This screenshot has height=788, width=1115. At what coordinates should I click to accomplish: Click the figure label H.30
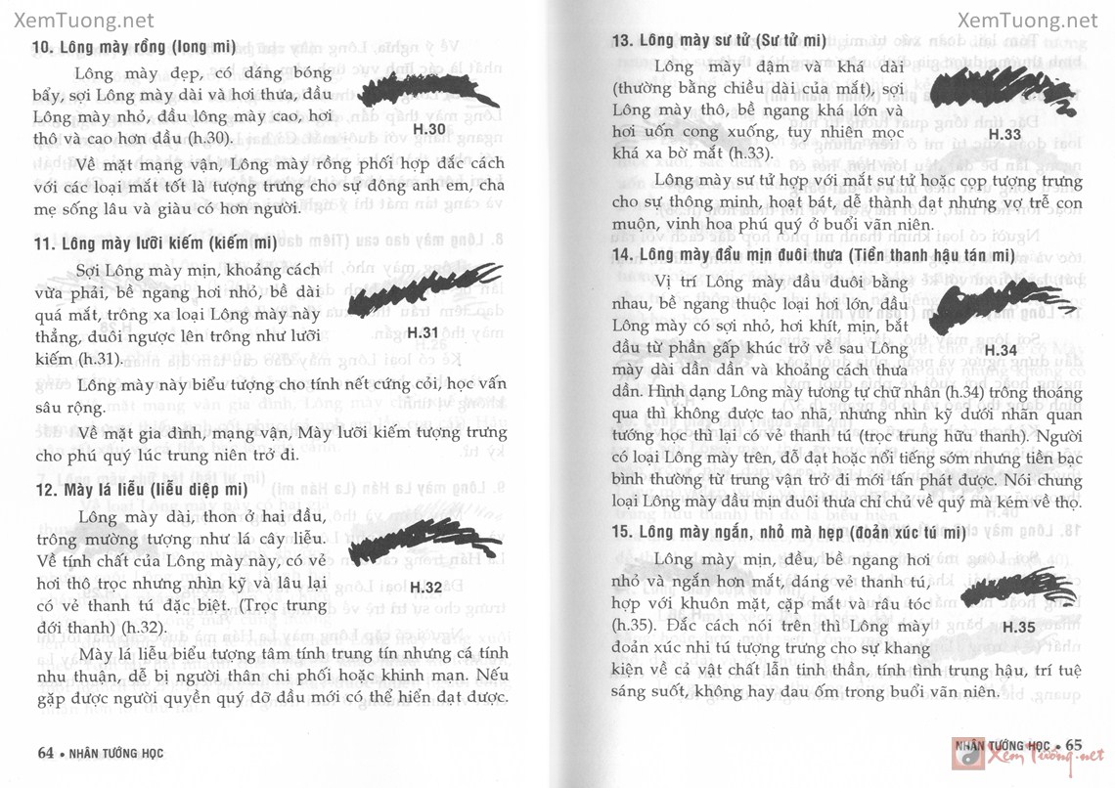[429, 130]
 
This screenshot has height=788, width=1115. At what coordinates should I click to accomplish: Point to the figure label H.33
[1004, 133]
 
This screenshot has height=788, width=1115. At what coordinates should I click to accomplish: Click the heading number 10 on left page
[41, 46]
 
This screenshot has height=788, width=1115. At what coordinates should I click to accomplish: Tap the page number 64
[44, 752]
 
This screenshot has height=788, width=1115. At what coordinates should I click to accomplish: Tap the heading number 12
[41, 489]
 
